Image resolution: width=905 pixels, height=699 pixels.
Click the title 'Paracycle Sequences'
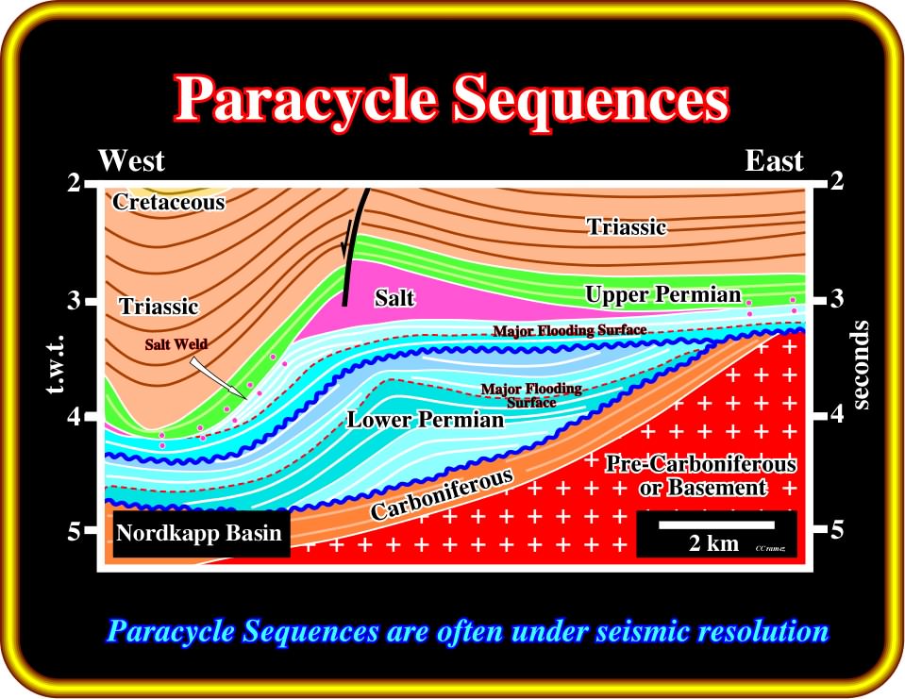tap(453, 100)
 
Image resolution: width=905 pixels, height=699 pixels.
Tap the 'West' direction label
tap(131, 160)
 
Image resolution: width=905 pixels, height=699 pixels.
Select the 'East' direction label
tap(774, 160)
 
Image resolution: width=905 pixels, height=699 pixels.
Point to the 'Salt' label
tap(394, 297)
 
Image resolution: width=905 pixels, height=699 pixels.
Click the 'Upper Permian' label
tap(663, 294)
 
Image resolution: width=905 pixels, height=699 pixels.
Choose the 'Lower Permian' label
tap(426, 419)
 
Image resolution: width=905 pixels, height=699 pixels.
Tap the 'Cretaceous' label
tap(169, 201)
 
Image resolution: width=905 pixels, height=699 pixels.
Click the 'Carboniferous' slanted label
tap(442, 493)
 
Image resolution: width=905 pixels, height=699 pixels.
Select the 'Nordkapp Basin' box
tap(201, 534)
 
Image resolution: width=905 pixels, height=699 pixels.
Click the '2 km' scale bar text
tap(713, 542)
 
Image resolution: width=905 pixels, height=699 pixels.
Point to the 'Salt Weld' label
tap(176, 344)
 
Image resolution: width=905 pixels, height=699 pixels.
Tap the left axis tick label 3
tap(74, 300)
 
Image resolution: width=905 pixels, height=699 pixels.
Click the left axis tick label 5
tap(74, 530)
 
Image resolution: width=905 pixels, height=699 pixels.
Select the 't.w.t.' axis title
tap(56, 364)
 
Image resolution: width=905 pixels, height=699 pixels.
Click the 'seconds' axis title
tap(860, 364)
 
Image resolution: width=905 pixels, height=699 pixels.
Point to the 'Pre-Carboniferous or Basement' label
tap(702, 475)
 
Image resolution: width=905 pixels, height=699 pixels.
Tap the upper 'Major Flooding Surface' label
tap(569, 330)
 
